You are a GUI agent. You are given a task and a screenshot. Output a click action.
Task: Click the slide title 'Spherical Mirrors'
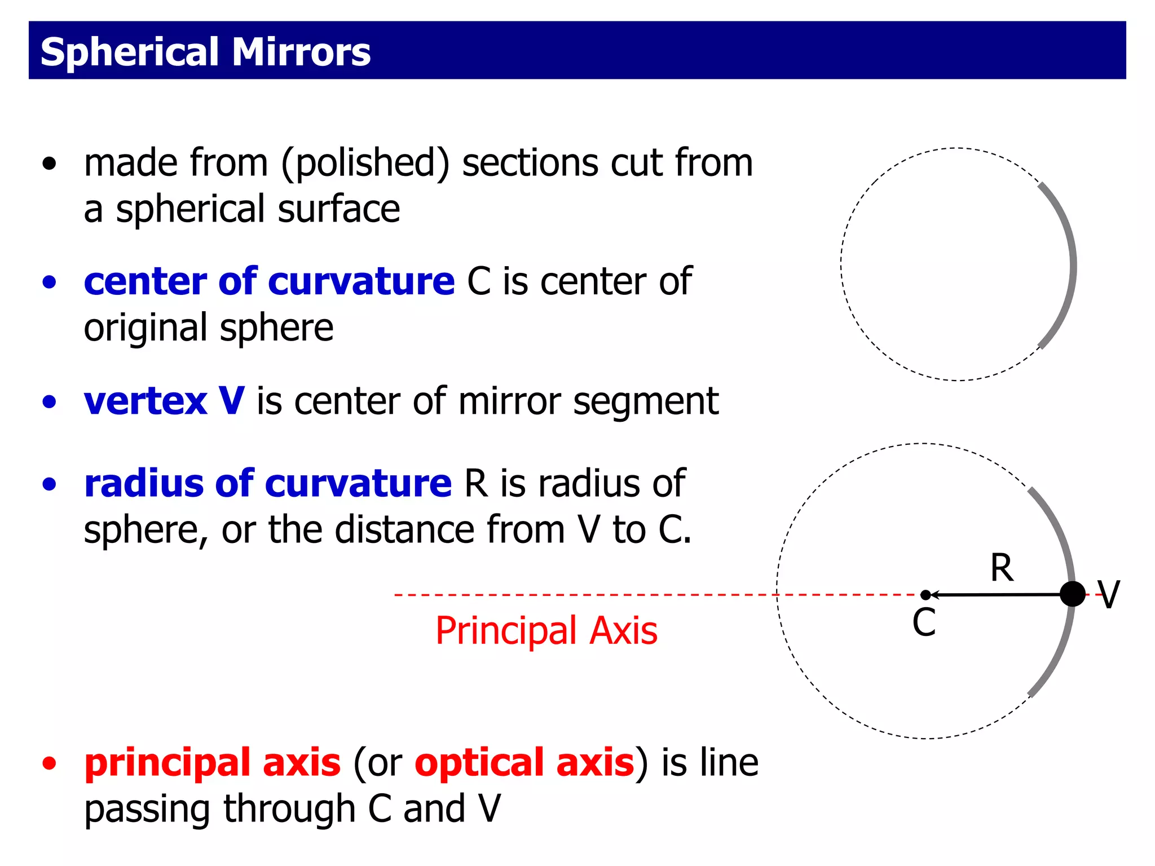click(205, 52)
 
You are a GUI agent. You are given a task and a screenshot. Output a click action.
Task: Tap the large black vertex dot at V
click(1072, 594)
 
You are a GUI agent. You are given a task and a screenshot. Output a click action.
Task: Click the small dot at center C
click(925, 595)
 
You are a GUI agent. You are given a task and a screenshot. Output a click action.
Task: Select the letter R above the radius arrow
click(1002, 568)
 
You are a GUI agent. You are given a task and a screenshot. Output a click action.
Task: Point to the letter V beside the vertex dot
click(1108, 595)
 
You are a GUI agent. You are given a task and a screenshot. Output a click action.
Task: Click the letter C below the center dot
click(924, 623)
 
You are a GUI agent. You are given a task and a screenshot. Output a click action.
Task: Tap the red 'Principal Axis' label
click(546, 631)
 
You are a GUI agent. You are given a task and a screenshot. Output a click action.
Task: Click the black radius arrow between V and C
click(998, 594)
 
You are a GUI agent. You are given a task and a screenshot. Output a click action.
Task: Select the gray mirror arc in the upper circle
click(1069, 265)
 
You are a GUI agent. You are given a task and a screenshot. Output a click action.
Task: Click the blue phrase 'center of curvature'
click(269, 281)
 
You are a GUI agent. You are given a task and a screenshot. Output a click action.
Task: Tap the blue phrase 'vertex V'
click(164, 401)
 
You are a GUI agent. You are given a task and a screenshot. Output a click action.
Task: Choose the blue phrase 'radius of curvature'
click(268, 484)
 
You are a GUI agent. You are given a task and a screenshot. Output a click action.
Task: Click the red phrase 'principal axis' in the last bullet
click(213, 762)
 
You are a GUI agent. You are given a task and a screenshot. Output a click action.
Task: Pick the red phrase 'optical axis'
click(524, 762)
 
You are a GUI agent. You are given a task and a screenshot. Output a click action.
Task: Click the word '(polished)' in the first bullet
click(365, 164)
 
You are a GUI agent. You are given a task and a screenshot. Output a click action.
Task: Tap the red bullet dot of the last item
click(50, 763)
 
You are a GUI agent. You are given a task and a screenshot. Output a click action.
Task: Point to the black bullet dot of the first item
click(50, 164)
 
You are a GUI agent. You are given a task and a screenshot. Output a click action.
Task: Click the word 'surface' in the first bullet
click(338, 210)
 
